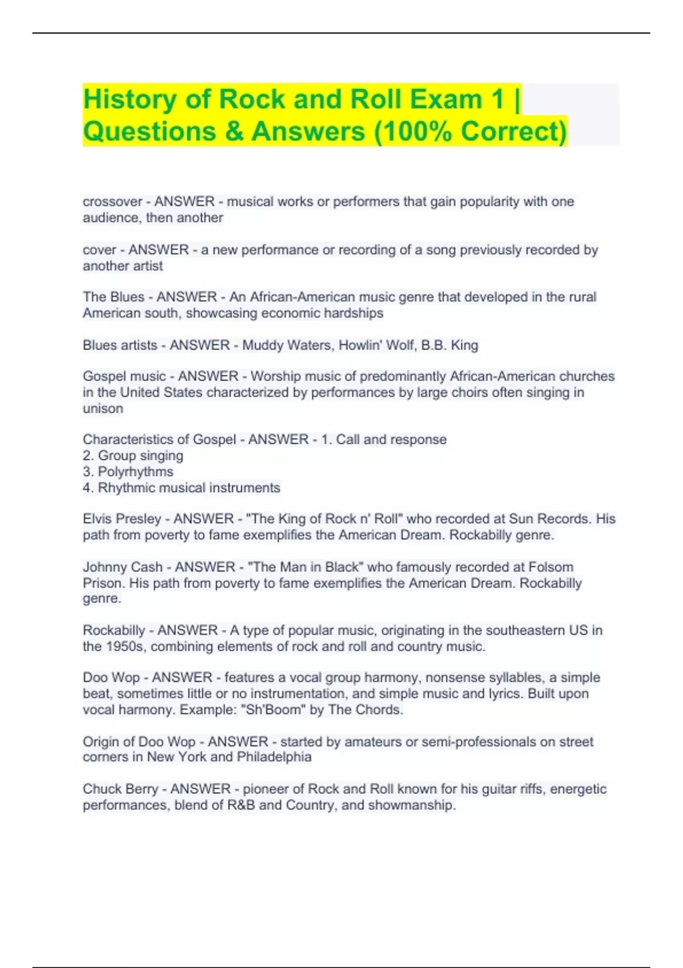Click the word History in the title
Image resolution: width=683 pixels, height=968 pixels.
tap(130, 100)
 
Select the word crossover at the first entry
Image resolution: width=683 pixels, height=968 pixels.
tap(112, 202)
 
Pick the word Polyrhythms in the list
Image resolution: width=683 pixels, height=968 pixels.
tap(135, 471)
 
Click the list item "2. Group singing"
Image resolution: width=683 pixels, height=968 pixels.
tap(133, 456)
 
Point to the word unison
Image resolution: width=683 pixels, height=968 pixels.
tap(103, 408)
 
